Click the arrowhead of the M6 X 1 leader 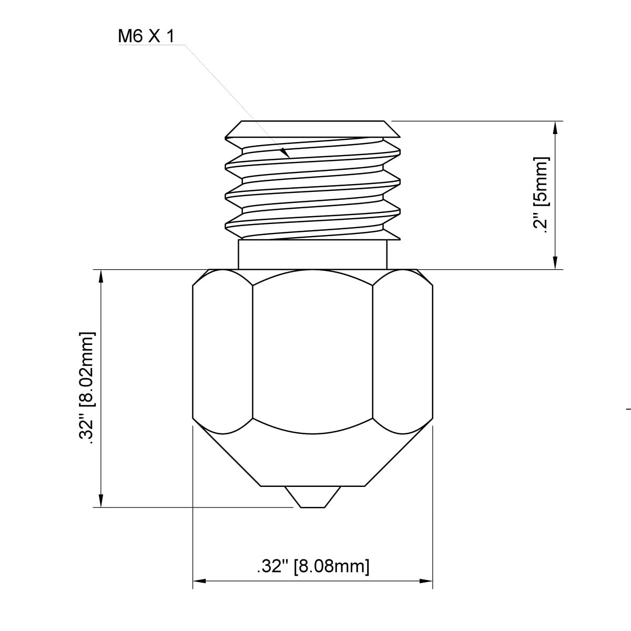coord(286,154)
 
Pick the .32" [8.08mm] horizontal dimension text coord(313,566)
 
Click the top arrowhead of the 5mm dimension coord(555,126)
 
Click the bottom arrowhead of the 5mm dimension coord(555,264)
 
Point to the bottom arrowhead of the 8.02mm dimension coord(100,502)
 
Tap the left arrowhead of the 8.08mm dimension coord(199,581)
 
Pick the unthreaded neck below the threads coord(313,255)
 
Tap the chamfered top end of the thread coord(313,126)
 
